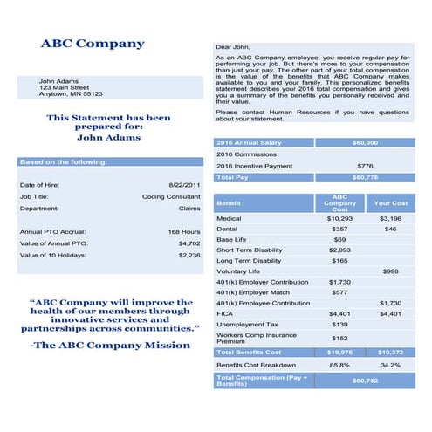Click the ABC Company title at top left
[x=93, y=44]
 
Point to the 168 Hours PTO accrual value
[x=184, y=231]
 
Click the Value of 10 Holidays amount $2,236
[x=189, y=255]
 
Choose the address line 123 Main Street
[x=65, y=87]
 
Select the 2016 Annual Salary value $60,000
[x=365, y=141]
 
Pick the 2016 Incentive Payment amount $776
[x=365, y=165]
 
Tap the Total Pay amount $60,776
[x=365, y=177]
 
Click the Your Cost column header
[x=390, y=203]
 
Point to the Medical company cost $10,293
[x=339, y=218]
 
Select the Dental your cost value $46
[x=390, y=229]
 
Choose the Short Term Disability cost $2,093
[x=339, y=250]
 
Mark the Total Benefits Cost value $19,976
[x=339, y=352]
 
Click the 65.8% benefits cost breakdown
[x=339, y=365]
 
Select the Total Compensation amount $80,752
[x=365, y=381]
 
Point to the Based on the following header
[x=64, y=161]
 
